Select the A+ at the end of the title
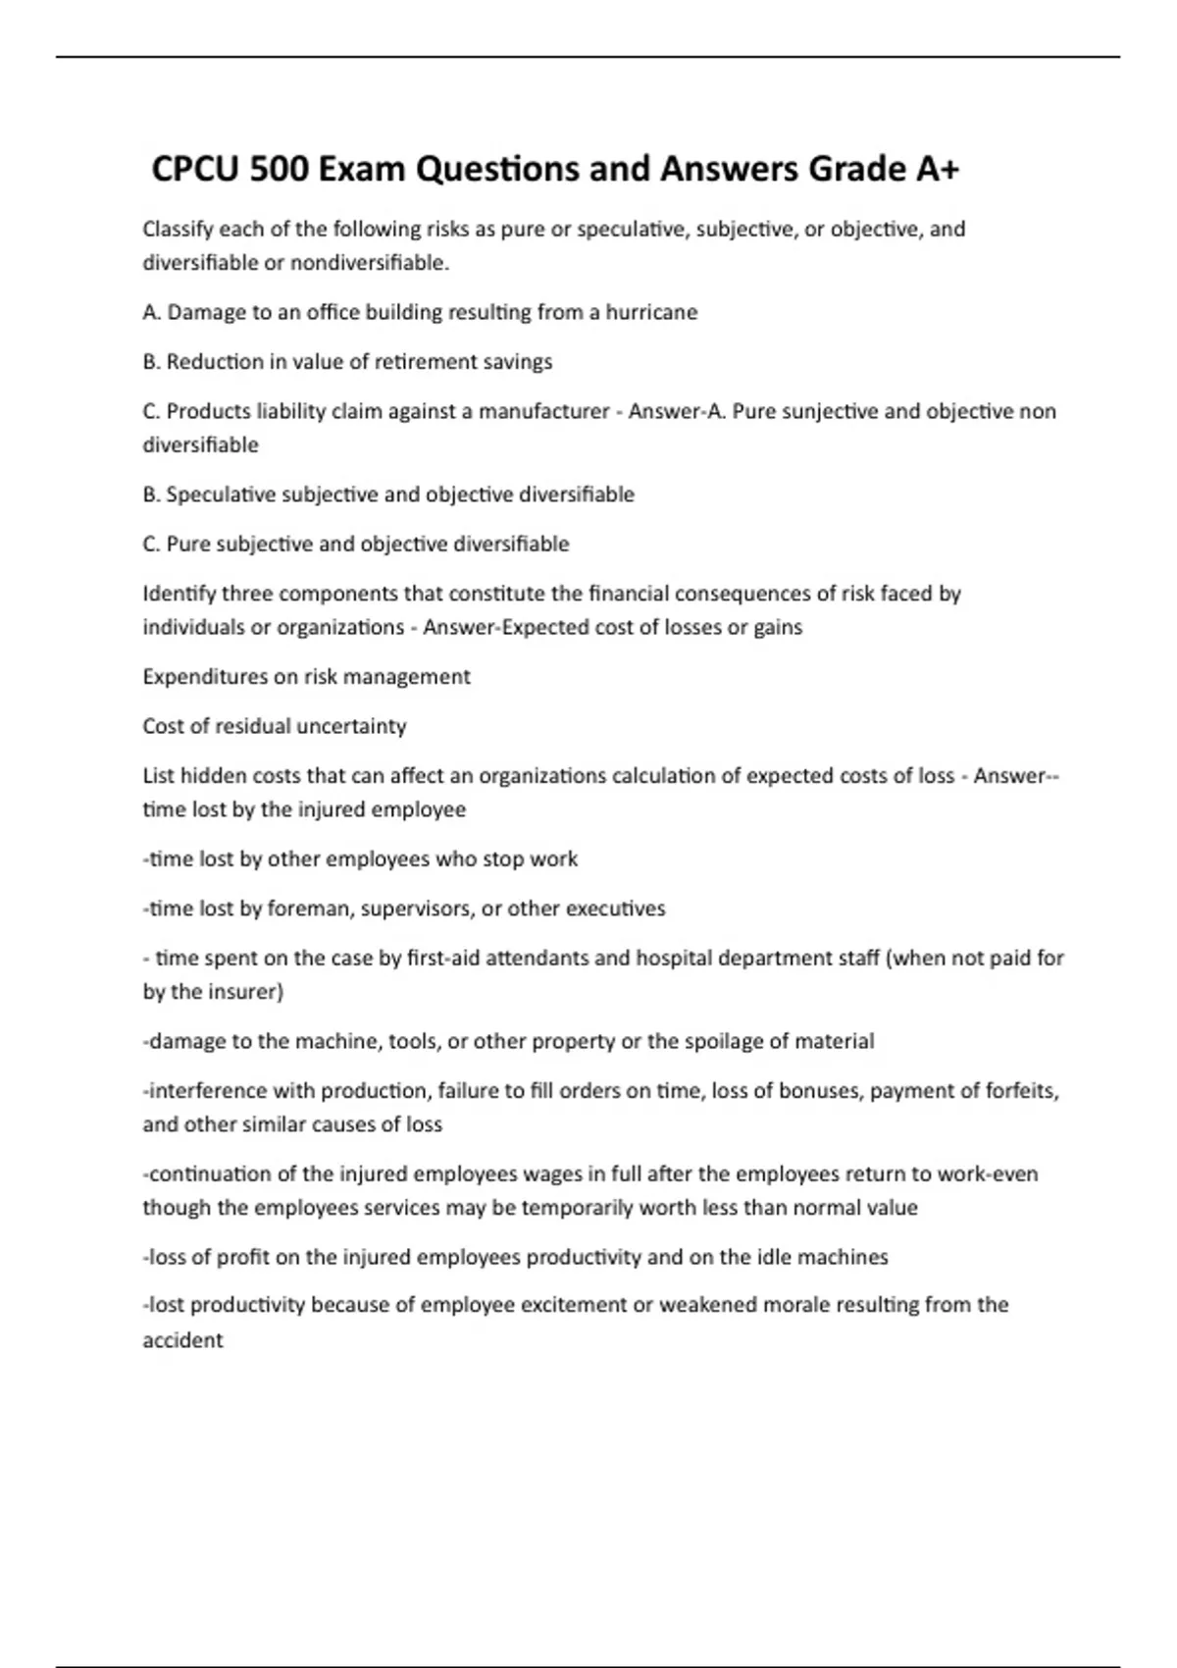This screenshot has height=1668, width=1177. pyautogui.click(x=937, y=170)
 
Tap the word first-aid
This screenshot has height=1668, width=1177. pyautogui.click(x=443, y=959)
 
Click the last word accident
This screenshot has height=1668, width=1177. pyautogui.click(x=182, y=1340)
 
